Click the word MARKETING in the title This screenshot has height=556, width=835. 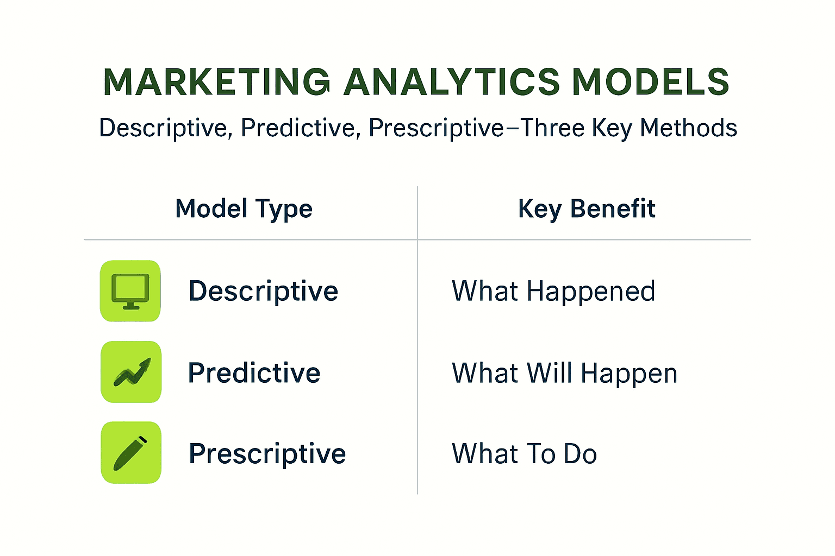[216, 81]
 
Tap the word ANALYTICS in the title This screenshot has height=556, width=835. [451, 81]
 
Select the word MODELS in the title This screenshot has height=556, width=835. [651, 81]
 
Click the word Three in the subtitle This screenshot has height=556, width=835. [552, 128]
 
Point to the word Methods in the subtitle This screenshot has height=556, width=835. [689, 128]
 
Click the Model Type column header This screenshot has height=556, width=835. [244, 209]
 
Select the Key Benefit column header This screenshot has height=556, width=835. [587, 209]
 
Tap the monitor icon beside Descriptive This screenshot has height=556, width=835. [130, 291]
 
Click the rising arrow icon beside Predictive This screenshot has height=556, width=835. [131, 371]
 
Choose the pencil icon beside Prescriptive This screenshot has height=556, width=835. [131, 452]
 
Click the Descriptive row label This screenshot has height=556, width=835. [264, 292]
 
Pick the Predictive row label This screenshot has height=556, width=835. [254, 373]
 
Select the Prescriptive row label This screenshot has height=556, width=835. [267, 454]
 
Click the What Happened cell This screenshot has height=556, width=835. [553, 292]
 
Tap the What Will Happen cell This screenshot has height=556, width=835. [565, 374]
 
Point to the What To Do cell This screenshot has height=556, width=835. [525, 453]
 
